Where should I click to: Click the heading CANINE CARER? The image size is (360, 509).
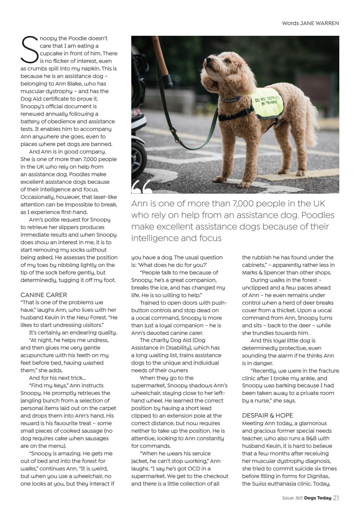44,295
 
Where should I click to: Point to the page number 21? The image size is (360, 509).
336,497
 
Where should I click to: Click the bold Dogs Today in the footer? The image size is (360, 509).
318,498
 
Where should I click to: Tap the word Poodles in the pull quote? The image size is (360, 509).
314,215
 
